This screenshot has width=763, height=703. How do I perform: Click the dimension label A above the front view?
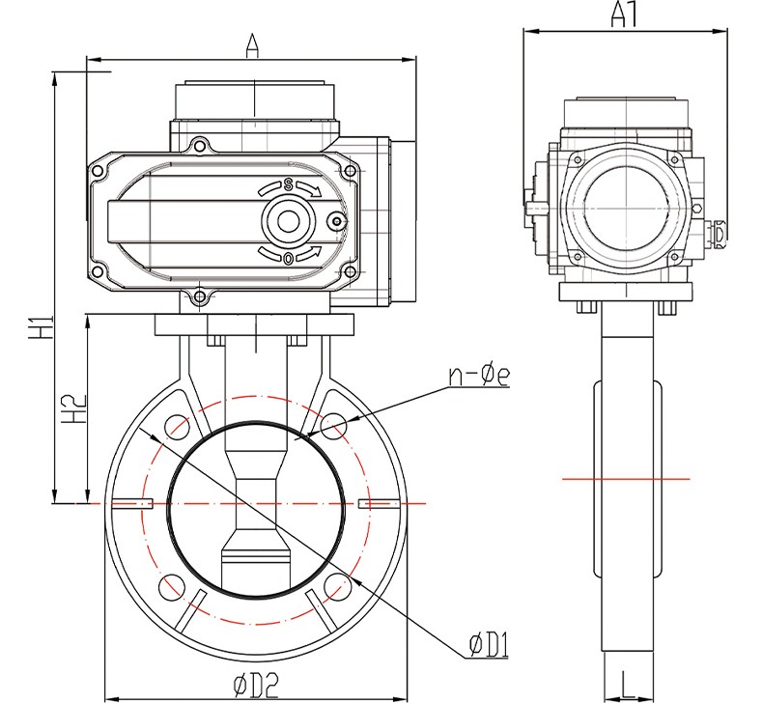pos(251,44)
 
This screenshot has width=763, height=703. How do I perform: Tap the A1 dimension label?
pos(625,14)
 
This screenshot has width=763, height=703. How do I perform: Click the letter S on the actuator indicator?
pos(287,184)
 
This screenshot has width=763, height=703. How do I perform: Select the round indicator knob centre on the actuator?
pos(288,221)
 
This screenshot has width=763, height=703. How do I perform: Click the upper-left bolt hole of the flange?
pos(176,426)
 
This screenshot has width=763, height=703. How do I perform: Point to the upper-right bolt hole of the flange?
pos(334,426)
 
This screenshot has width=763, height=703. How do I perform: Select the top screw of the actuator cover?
pos(200,147)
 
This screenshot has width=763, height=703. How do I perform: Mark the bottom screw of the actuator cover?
pos(200,296)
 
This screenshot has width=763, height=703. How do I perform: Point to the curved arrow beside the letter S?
pos(310,187)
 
